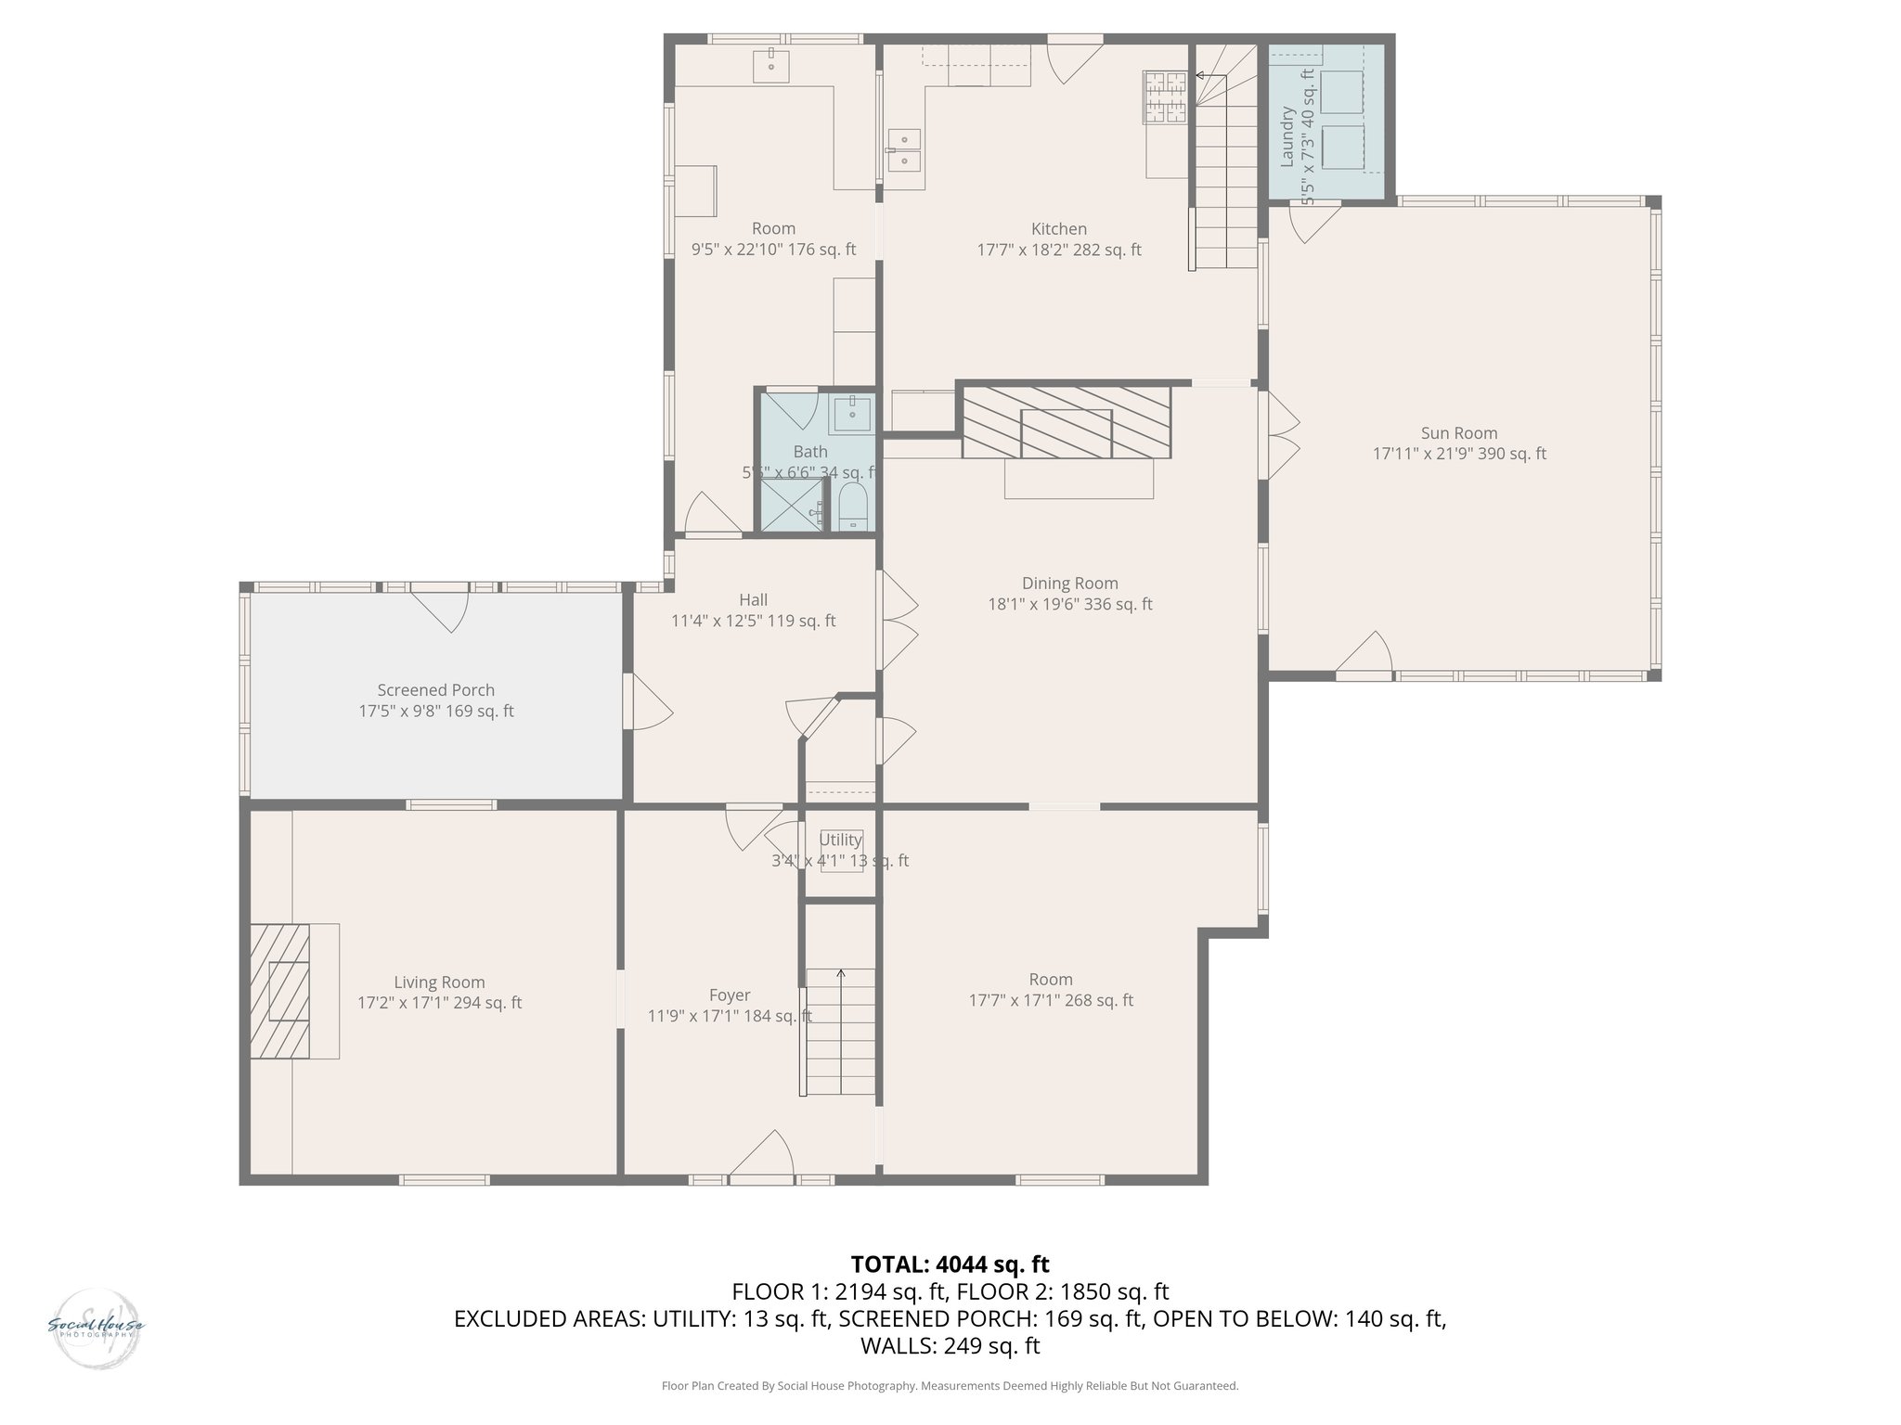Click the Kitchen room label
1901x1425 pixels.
click(x=1058, y=229)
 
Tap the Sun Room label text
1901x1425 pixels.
click(x=1459, y=433)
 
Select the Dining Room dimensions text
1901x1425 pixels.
click(x=1069, y=605)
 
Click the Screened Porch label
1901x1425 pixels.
click(x=435, y=690)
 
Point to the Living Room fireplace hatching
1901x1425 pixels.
click(x=279, y=991)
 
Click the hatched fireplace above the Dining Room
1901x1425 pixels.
click(x=1067, y=423)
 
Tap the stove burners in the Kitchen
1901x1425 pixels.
click(x=1166, y=97)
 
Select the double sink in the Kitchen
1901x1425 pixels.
click(x=903, y=150)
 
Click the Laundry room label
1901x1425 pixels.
click(x=1287, y=137)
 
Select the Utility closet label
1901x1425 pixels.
click(x=840, y=840)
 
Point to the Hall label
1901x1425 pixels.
click(x=753, y=600)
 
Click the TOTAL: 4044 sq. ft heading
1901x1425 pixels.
click(x=950, y=1264)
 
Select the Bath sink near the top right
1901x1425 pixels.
click(x=851, y=415)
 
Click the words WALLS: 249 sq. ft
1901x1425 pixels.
click(x=950, y=1346)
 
